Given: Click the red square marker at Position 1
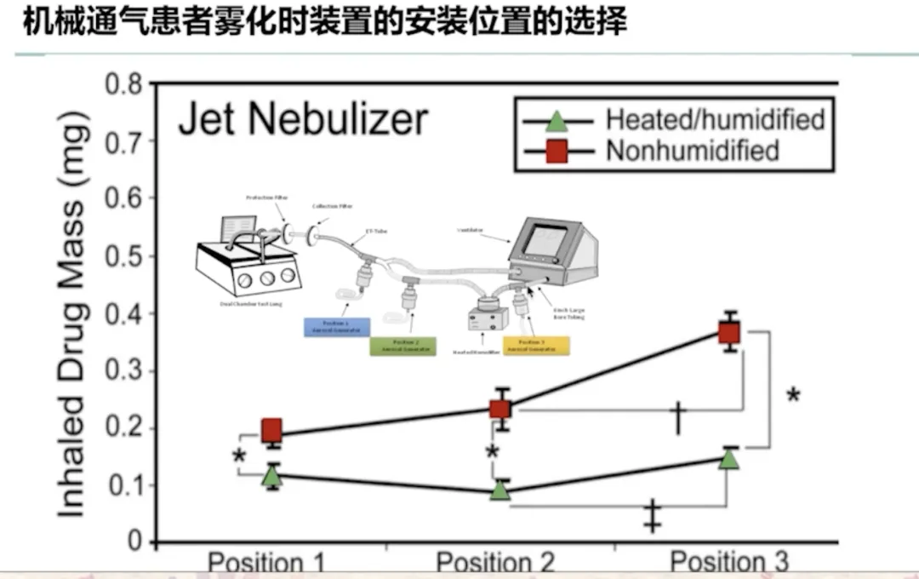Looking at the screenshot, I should (x=271, y=430).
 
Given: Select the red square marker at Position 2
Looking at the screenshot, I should (x=500, y=408).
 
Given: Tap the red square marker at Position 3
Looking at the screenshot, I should (x=729, y=332).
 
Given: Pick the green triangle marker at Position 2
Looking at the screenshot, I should (x=500, y=490).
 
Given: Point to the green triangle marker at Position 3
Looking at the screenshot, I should (x=729, y=458).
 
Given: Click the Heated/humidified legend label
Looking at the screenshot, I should (x=715, y=118).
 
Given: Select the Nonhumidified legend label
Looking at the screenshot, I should (x=692, y=151).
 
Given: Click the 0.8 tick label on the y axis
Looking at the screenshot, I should (x=123, y=85).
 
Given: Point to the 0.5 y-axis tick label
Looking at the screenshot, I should (x=123, y=256).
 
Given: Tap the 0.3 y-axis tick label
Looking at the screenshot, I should (x=123, y=371).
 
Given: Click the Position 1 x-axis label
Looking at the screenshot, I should (x=267, y=562).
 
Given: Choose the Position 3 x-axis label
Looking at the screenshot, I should (x=729, y=561).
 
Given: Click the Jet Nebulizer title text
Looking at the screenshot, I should (x=302, y=119).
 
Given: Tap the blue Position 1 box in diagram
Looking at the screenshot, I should (x=337, y=327).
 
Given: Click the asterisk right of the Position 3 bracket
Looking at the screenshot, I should (x=793, y=396).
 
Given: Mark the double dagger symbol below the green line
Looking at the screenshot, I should (x=653, y=516).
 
